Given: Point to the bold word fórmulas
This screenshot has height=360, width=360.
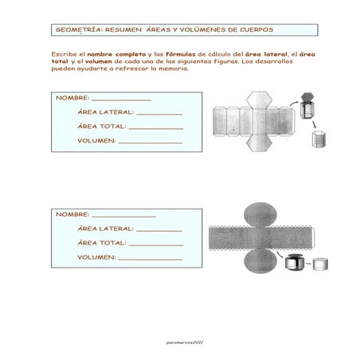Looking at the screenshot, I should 182,53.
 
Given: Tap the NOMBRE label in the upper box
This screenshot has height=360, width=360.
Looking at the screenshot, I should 72,99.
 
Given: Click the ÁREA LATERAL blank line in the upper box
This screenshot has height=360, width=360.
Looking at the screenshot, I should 155,115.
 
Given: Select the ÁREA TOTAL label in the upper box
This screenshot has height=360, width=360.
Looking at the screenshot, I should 100,127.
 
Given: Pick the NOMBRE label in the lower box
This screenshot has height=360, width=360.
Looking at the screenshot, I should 72,214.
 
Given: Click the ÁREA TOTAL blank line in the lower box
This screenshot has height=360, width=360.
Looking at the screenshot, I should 156,245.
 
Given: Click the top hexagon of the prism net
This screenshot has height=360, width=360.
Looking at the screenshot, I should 258,99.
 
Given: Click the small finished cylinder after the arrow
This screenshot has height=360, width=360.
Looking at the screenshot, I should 321,263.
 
